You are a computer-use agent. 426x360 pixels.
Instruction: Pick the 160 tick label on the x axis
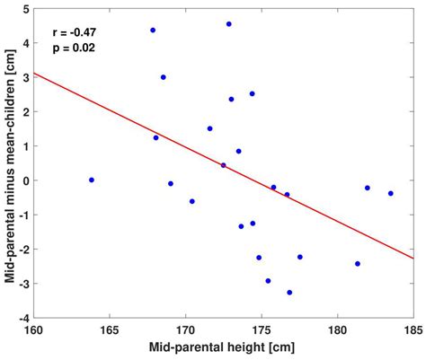[x=33, y=329]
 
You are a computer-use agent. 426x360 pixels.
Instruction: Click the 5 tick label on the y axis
[x=24, y=9]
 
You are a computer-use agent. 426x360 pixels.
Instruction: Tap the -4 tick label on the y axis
[x=22, y=318]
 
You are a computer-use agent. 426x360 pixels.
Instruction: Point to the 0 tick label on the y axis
[x=24, y=180]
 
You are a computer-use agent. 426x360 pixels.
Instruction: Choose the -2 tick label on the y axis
[x=22, y=250]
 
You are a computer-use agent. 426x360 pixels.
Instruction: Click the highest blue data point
[x=229, y=24]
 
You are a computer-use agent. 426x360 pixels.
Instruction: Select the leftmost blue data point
[x=92, y=180]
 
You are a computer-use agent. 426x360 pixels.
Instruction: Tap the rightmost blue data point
[x=391, y=193]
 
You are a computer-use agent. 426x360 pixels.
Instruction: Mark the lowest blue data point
[x=289, y=293]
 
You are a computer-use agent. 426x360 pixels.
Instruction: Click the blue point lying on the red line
[x=224, y=165]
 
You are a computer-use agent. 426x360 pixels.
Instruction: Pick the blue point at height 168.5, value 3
[x=164, y=77]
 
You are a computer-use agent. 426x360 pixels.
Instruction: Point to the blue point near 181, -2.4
[x=358, y=264]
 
